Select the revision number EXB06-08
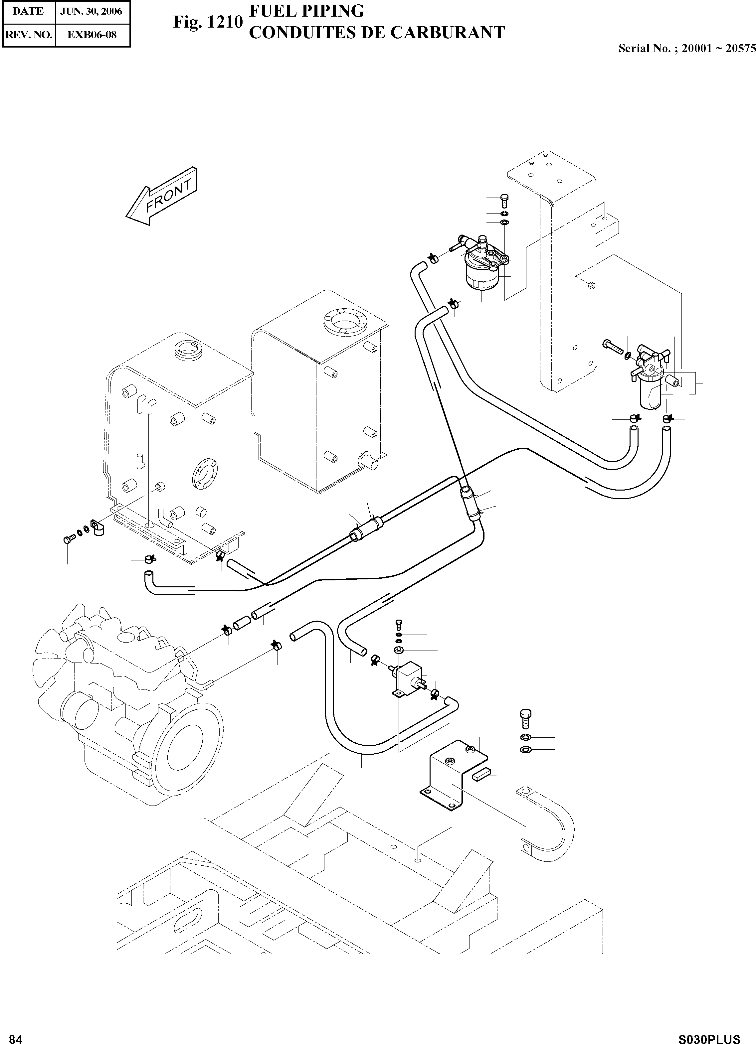[x=92, y=35]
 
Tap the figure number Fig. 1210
[x=207, y=22]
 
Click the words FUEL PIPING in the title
[x=307, y=11]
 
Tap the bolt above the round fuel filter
[x=504, y=200]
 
